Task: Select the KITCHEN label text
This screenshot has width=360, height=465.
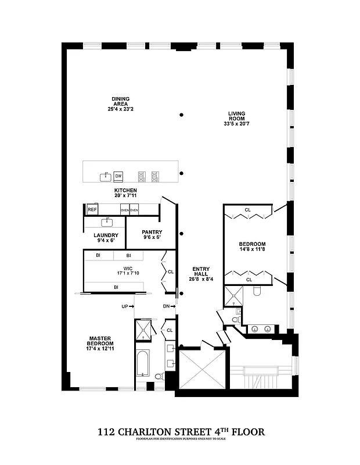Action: [x=125, y=191]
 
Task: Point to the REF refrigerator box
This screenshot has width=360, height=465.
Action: [x=92, y=209]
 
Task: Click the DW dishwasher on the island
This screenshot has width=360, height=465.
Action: [x=118, y=176]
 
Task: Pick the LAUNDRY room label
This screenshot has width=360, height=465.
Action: [x=106, y=235]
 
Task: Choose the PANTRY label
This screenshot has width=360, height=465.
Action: [x=151, y=232]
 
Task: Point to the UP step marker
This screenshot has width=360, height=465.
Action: [x=125, y=306]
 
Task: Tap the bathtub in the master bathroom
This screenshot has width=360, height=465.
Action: [x=142, y=364]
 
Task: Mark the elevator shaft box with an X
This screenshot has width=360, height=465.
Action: [x=198, y=370]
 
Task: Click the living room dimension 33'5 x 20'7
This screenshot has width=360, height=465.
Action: [x=236, y=123]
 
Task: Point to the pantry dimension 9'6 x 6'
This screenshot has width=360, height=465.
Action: [x=151, y=237]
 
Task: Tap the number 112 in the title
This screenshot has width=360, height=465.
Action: [x=106, y=432]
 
